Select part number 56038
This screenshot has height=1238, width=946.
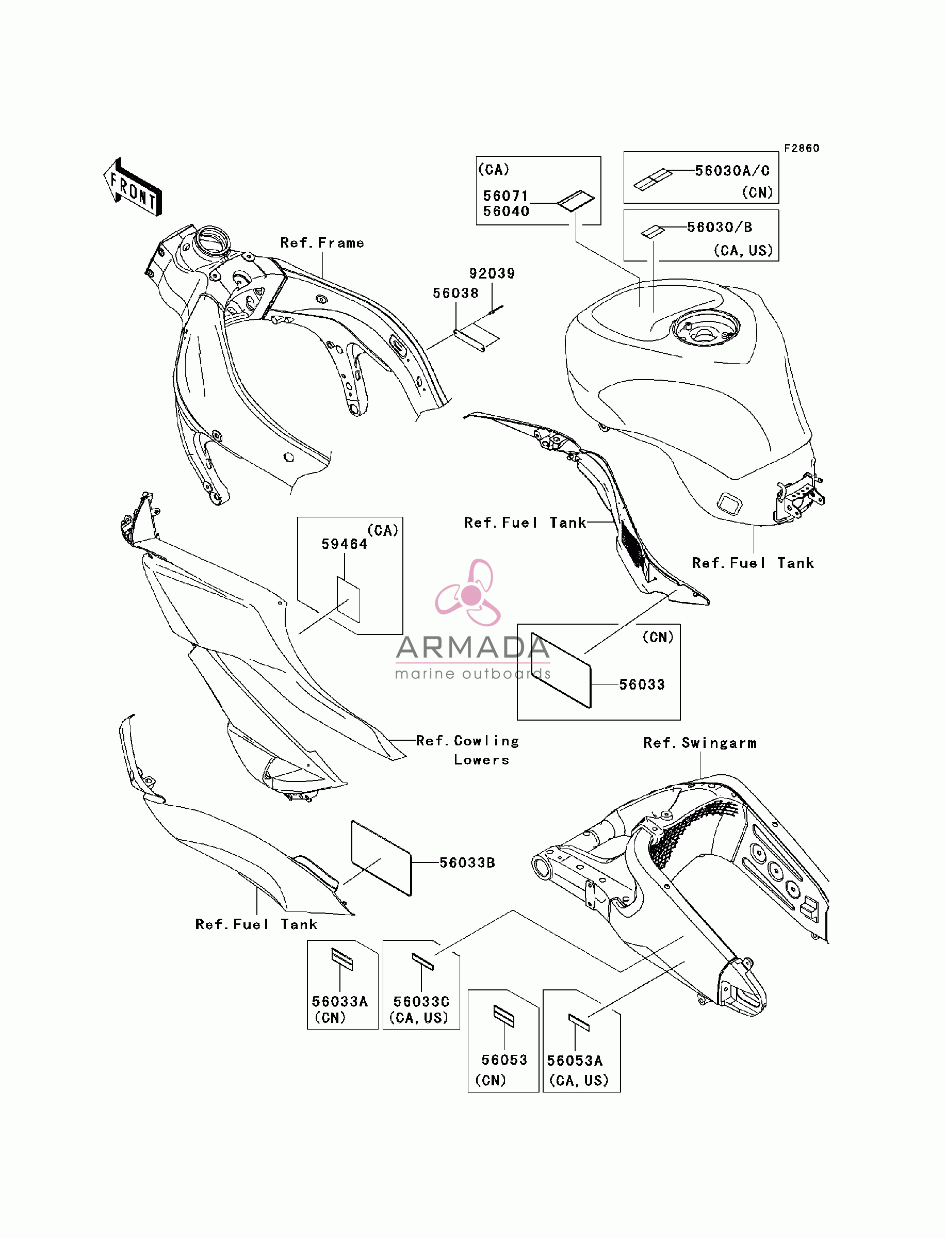point(455,294)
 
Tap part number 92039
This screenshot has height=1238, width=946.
point(492,273)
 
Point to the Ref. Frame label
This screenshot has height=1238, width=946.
point(322,242)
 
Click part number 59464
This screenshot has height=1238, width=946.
point(344,544)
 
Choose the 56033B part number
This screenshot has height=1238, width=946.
point(467,862)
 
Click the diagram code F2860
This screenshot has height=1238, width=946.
point(802,148)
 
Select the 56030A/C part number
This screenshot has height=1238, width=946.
point(732,171)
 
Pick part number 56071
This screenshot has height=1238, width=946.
point(505,196)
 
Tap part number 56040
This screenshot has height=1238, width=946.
point(505,211)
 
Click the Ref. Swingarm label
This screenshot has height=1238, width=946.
point(700,743)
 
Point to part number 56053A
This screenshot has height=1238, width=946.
point(575,1061)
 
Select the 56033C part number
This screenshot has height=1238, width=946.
point(421,1002)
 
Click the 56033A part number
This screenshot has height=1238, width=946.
point(339,1002)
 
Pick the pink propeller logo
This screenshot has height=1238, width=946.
point(468,592)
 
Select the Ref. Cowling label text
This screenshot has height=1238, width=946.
point(467,741)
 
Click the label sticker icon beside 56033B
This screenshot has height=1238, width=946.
point(381,858)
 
